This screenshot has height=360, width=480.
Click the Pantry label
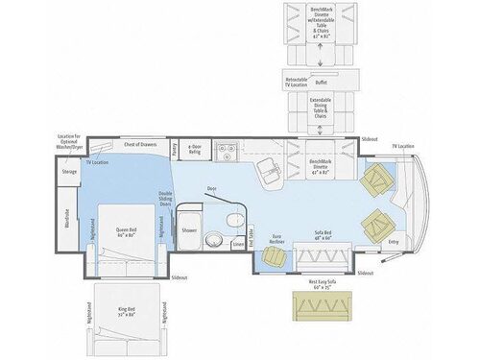(174, 151)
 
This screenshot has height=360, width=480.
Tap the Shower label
(189, 230)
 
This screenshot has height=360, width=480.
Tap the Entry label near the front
(393, 243)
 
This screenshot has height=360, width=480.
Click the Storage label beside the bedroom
(69, 172)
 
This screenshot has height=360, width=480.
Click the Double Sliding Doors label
(164, 201)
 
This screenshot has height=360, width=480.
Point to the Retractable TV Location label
(296, 82)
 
